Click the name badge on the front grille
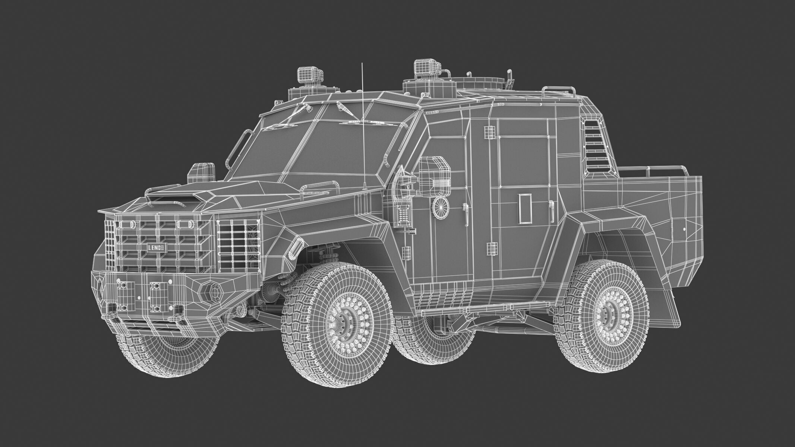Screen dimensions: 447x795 [154, 248]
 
